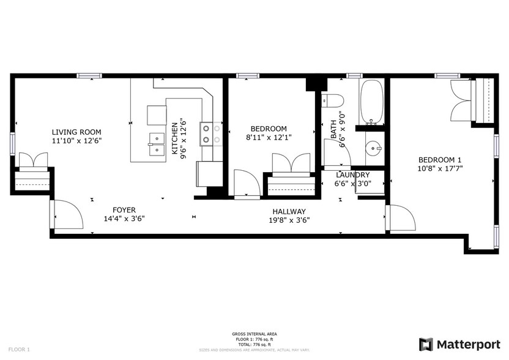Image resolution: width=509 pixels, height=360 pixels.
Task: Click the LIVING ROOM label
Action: point(76,132)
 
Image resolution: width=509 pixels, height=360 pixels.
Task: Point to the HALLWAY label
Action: point(289,211)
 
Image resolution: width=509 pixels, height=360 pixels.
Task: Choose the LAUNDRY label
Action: point(352,174)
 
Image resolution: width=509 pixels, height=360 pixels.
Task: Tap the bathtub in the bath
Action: point(371,101)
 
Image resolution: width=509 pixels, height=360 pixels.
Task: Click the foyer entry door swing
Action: point(65,214)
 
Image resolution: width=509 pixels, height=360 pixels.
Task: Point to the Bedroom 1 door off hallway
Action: point(398,218)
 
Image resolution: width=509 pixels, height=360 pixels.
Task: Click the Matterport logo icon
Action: point(425,343)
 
